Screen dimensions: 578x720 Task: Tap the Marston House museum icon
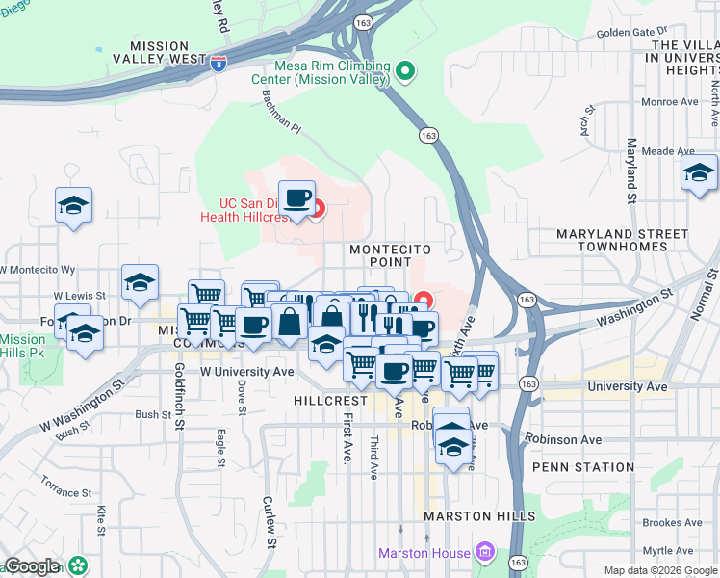click(x=484, y=553)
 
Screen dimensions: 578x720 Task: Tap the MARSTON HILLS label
click(x=480, y=516)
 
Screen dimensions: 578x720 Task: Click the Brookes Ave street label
click(x=671, y=522)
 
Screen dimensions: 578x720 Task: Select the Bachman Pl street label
click(x=281, y=114)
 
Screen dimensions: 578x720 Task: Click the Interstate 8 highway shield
click(x=219, y=64)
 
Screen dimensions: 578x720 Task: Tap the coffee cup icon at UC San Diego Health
click(x=296, y=197)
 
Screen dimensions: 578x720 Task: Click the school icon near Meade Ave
click(x=699, y=172)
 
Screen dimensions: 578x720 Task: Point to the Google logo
click(x=32, y=566)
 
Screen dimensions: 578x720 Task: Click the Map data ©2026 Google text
click(x=660, y=570)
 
